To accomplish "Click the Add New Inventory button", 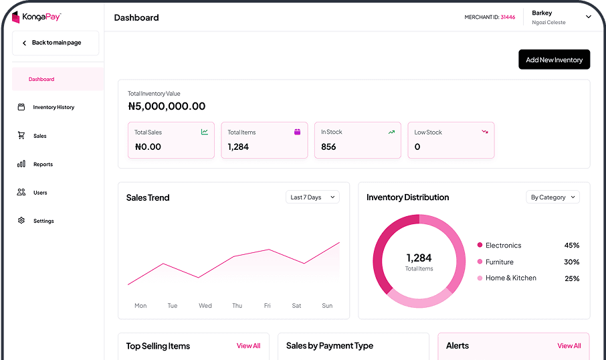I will (554, 60).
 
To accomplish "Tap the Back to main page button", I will (56, 43).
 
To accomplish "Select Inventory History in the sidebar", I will (54, 107).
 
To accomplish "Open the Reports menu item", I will (43, 165).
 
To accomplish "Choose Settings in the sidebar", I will (43, 221).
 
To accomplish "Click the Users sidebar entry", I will (40, 193).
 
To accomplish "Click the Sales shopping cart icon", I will (21, 136).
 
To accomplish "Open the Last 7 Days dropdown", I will (312, 197).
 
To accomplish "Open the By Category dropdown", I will (552, 197).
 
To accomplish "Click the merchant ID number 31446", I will (508, 17).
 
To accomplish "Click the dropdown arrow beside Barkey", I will (589, 17).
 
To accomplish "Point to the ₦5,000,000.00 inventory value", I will (167, 106).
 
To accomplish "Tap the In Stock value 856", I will (328, 147).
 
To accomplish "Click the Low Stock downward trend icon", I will (485, 132).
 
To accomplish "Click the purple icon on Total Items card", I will (298, 132).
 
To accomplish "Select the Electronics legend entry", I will (503, 246).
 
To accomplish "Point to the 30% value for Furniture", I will (571, 262).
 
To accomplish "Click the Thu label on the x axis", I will (237, 306).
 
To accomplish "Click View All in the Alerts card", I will (569, 346).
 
